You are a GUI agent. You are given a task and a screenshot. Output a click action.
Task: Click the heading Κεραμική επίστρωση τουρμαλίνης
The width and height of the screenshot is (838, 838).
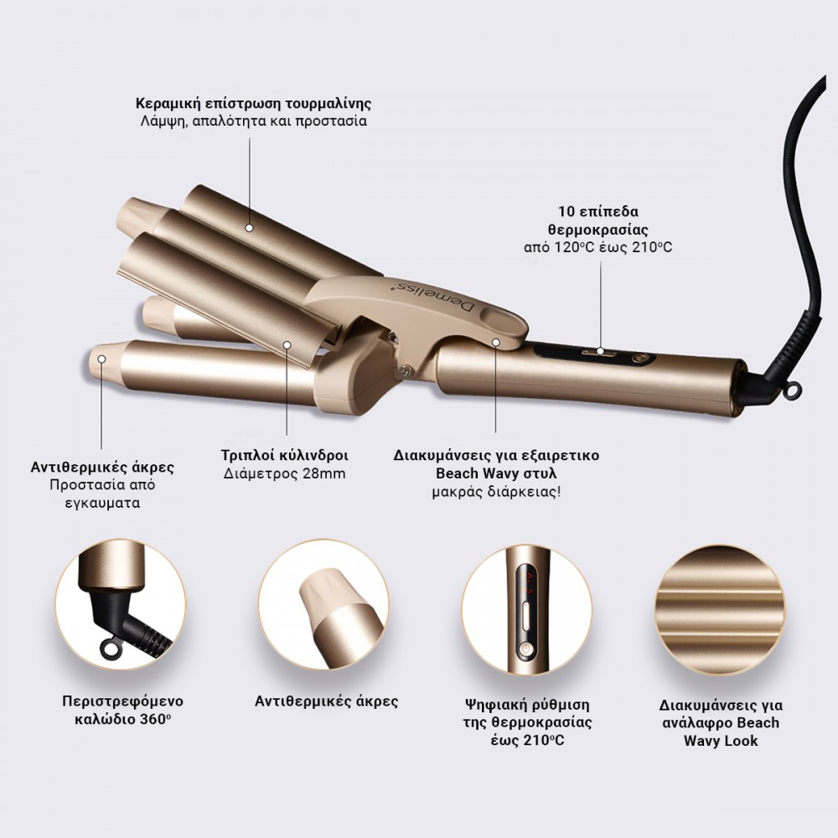[253, 103]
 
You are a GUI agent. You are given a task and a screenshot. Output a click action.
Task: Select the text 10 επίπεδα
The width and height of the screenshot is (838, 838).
[598, 211]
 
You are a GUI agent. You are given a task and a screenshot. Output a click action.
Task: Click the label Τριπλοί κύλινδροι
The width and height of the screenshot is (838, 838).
[285, 456]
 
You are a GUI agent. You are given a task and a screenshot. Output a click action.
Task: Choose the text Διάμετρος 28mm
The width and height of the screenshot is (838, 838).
[284, 474]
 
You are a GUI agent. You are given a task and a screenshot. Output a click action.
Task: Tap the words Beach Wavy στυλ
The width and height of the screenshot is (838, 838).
[496, 473]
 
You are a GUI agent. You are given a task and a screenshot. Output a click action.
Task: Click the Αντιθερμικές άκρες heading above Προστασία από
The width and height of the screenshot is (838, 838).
[102, 468]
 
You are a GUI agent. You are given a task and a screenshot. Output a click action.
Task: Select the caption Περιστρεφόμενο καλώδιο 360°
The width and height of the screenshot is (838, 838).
[122, 711]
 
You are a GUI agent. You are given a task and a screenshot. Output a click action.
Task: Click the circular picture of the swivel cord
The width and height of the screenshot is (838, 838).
[121, 604]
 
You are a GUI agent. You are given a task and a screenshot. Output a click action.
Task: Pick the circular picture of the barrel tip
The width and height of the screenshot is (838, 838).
[323, 604]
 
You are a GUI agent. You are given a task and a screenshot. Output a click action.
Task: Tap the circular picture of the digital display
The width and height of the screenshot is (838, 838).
[526, 610]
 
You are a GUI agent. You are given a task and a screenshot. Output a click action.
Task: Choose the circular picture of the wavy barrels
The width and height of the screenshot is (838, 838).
[721, 610]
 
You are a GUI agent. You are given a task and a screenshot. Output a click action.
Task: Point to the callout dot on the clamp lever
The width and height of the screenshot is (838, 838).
[496, 342]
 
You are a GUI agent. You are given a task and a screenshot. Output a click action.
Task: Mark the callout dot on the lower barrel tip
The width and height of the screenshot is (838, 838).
[101, 359]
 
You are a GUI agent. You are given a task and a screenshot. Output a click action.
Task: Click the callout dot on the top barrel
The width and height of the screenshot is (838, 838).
[249, 228]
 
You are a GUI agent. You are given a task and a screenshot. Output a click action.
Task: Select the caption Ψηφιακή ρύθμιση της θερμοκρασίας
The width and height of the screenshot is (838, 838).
[526, 713]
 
